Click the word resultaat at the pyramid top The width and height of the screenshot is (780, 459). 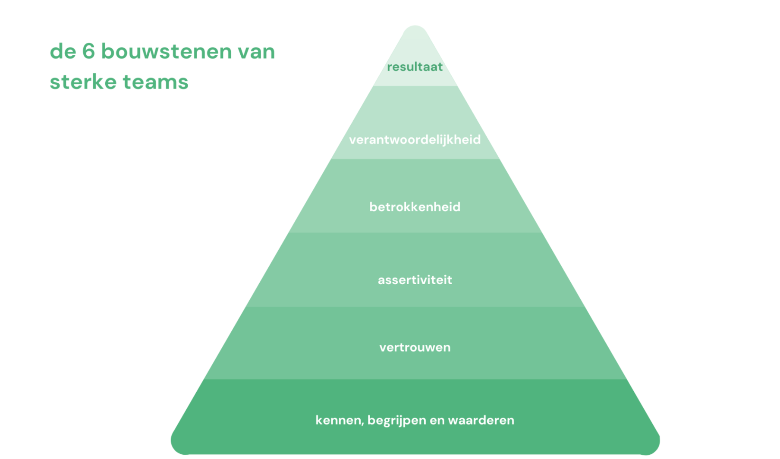[415, 67]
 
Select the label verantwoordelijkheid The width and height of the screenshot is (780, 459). [415, 140]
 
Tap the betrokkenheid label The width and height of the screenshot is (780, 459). [415, 207]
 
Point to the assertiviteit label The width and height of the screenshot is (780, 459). [415, 280]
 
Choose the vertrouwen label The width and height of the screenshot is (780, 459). [415, 347]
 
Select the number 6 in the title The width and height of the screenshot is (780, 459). [88, 51]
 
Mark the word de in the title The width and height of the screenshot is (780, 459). [63, 51]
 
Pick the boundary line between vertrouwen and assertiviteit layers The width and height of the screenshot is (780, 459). [415, 307]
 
